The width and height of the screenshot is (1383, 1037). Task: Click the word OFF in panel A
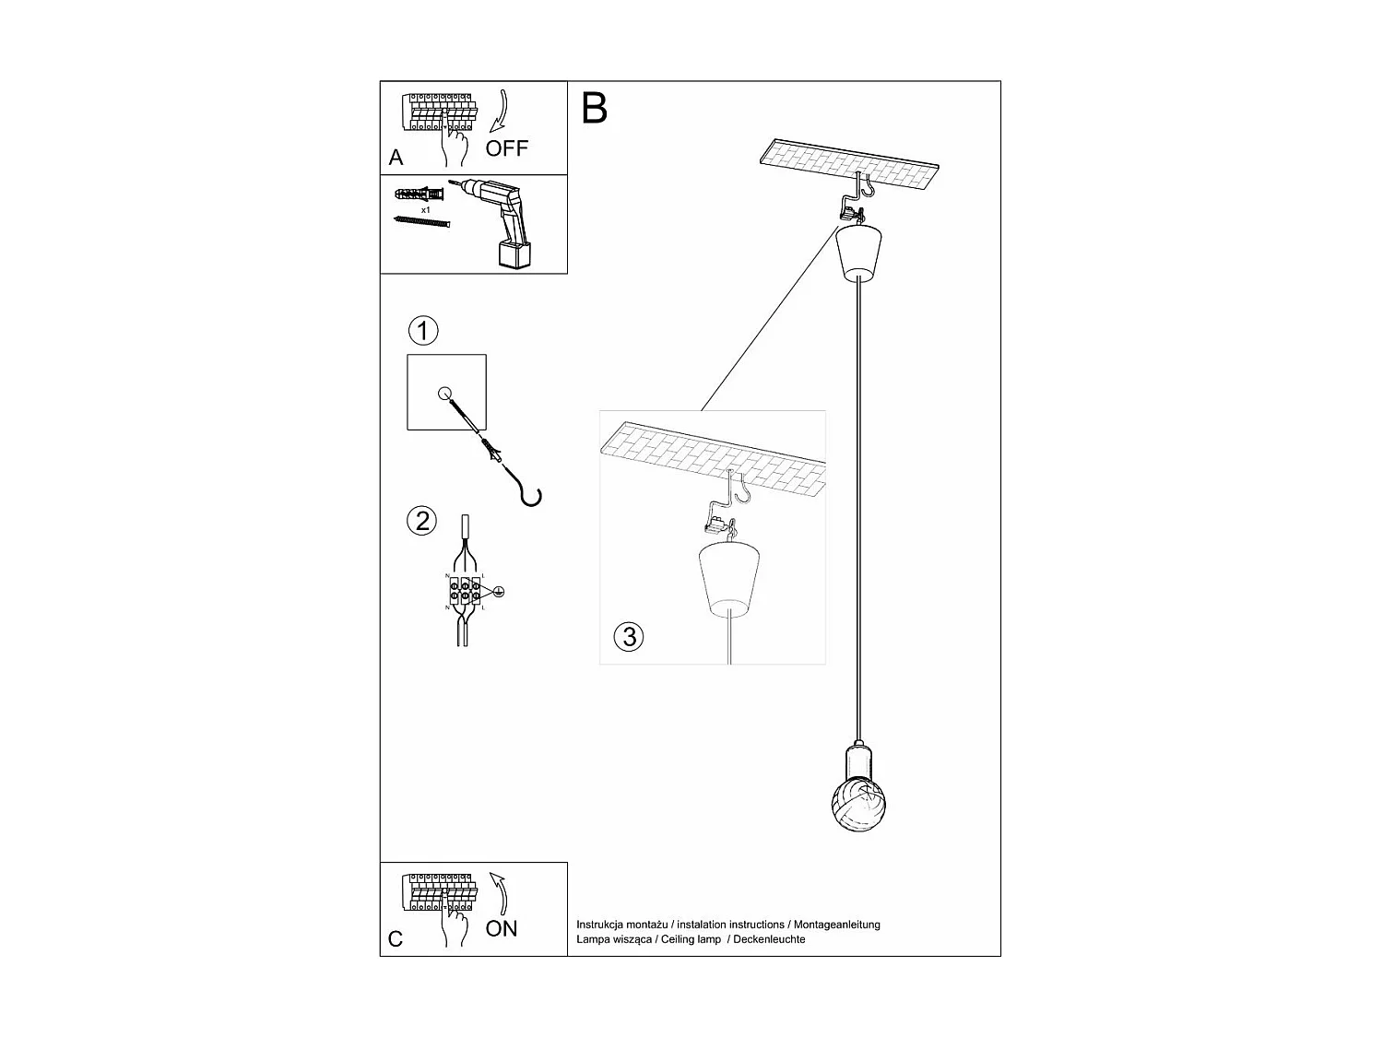[x=507, y=148]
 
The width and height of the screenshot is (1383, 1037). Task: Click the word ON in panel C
[x=502, y=928]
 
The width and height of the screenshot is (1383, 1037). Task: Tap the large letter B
[x=595, y=109]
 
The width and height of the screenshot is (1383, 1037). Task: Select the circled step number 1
[x=422, y=330]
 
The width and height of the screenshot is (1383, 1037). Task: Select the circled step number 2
[x=422, y=521]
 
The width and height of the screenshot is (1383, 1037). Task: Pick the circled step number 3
[x=629, y=637]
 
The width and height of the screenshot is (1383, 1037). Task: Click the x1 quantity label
[x=426, y=210]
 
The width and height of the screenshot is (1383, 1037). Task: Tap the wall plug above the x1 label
[x=420, y=195]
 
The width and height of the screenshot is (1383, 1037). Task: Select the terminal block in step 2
[x=465, y=591]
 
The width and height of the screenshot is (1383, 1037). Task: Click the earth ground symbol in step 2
[x=499, y=592]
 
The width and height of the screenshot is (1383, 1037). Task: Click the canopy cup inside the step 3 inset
[x=730, y=579]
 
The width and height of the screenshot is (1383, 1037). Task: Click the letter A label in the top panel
[x=396, y=158]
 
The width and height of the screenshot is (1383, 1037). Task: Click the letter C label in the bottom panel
[x=396, y=939]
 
